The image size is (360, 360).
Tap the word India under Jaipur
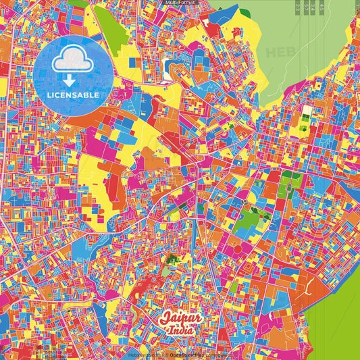click(181, 330)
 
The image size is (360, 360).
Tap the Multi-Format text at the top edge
click(179, 3)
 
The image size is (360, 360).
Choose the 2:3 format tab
click(298, 7)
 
